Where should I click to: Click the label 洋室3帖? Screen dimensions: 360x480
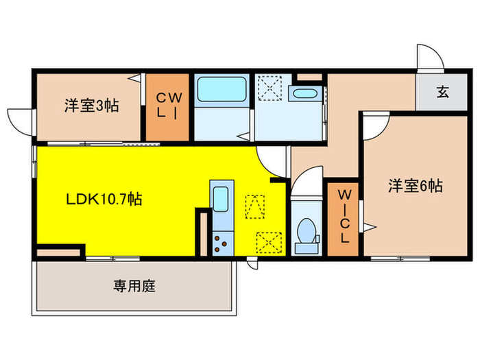pos(92,106)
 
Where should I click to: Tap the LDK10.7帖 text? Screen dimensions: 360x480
pos(104,200)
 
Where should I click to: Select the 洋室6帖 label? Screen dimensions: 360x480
pos(416,185)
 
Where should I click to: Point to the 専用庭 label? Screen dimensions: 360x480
pos(134,286)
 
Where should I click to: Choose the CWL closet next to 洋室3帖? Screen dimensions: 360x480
pos(168,106)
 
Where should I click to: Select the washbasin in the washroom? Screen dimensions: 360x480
pos(302,94)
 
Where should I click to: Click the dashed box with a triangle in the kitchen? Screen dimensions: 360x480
pos(254,204)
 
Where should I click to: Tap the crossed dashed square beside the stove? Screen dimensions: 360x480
pos(267,242)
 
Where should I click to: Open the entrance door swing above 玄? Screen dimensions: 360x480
pos(430,58)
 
